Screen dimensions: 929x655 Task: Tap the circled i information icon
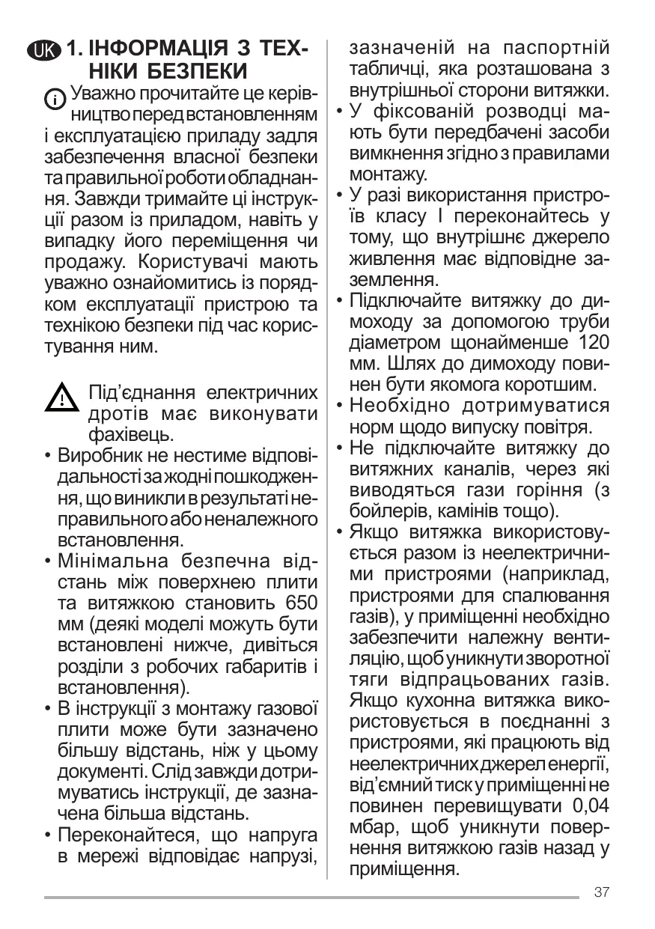point(55,98)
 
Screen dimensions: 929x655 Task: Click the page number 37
point(601,892)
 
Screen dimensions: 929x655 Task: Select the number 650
point(301,603)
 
